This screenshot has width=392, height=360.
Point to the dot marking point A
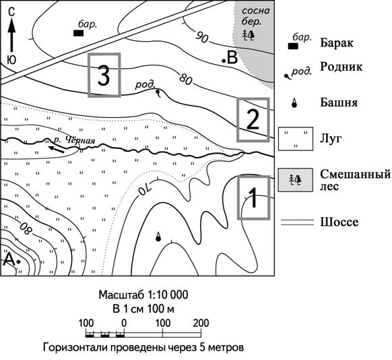pyautogui.click(x=18, y=262)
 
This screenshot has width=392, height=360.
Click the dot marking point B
pyautogui.click(x=224, y=61)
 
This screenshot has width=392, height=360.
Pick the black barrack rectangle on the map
pyautogui.click(x=79, y=33)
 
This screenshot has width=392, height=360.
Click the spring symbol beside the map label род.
pyautogui.click(x=158, y=93)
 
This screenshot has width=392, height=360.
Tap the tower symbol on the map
pyautogui.click(x=158, y=237)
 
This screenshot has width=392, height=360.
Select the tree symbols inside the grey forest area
pyautogui.click(x=249, y=35)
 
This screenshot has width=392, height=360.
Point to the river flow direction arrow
pyautogui.click(x=57, y=150)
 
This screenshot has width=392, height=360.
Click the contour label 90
pyautogui.click(x=201, y=38)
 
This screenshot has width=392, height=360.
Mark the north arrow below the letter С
pyautogui.click(x=11, y=36)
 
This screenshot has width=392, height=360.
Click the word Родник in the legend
pyautogui.click(x=341, y=67)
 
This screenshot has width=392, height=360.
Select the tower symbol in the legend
pyautogui.click(x=294, y=103)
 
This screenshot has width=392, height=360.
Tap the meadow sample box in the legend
pyautogui.click(x=296, y=139)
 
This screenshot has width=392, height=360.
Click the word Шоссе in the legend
pyautogui.click(x=339, y=222)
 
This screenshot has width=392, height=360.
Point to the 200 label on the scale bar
pyautogui.click(x=201, y=323)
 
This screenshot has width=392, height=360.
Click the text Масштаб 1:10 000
pyautogui.click(x=143, y=295)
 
